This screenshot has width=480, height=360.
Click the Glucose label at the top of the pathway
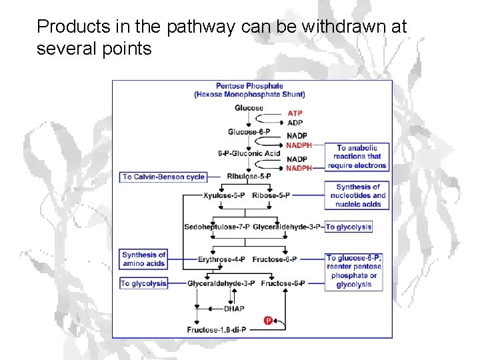(249, 108)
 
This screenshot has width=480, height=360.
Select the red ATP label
(295, 113)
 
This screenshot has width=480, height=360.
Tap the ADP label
(295, 123)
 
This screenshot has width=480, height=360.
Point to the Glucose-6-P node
(249, 132)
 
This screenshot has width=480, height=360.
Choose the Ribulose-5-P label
(249, 177)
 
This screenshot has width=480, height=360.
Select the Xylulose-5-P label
(224, 195)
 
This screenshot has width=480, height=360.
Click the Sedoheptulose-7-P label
(217, 227)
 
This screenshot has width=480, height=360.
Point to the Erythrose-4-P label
(221, 259)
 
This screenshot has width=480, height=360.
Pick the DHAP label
(234, 309)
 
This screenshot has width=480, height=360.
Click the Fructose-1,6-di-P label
(217, 329)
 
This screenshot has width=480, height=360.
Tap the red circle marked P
(268, 321)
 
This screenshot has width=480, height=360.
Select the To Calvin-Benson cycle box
(163, 177)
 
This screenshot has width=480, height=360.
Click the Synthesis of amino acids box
(143, 259)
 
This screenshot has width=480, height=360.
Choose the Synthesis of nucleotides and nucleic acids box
(358, 195)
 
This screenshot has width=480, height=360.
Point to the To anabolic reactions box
(357, 157)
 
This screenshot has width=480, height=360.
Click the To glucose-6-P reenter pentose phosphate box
(353, 271)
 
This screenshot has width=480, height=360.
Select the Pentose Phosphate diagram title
(249, 90)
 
